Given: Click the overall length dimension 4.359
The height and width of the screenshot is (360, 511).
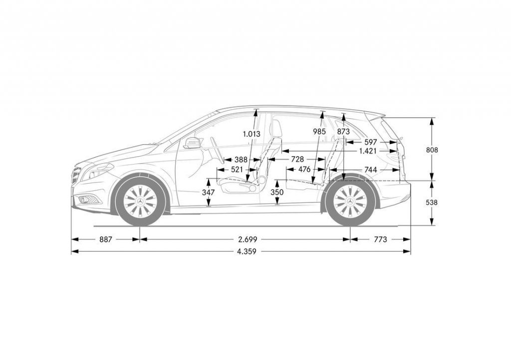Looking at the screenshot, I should coord(247,252).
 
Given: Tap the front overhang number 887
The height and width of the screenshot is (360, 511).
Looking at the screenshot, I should coord(105,239).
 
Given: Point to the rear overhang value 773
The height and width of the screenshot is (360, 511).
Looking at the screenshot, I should coord(380,239).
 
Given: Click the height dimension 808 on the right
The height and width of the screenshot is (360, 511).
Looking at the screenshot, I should coord(432,149).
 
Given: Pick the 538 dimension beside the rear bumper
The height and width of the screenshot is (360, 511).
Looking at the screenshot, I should coord(432,202).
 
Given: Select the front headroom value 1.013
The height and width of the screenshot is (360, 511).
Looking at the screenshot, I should coord(252,134).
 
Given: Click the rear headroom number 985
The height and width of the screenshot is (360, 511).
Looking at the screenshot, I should coord(319,132).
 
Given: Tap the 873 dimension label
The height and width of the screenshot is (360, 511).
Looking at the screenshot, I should coord(343,132).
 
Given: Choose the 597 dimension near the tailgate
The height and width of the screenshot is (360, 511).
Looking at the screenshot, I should coord(371,142).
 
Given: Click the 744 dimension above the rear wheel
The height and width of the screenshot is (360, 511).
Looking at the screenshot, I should coord(370,170).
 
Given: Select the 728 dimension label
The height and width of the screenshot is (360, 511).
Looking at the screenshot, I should coord(297,159).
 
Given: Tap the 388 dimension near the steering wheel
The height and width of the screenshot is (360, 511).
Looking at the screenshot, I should coord(241,160).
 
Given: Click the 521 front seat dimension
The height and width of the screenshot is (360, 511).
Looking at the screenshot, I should coord(237,170).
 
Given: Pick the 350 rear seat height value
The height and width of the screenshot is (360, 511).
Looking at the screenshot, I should coord(277,192).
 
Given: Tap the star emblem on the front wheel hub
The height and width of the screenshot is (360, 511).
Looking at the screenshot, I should coord(140,201).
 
